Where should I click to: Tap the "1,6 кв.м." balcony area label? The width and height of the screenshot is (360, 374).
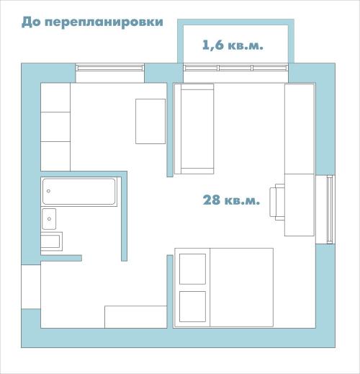233,45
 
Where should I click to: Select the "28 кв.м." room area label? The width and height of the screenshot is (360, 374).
230,200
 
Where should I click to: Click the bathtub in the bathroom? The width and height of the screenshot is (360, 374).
79,192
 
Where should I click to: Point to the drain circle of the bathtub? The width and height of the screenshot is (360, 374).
48,192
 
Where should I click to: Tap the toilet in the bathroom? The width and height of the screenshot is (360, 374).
52,241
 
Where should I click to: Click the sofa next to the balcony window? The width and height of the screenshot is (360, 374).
194,129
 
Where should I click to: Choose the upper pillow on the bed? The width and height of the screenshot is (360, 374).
192,268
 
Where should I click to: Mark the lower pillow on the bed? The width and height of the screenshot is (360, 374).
192,306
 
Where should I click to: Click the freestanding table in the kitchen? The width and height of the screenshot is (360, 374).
150,120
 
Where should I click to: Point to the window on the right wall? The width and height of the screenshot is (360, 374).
329,209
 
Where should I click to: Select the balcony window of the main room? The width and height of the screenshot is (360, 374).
235,68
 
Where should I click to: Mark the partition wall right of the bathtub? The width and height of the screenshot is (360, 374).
125,216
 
